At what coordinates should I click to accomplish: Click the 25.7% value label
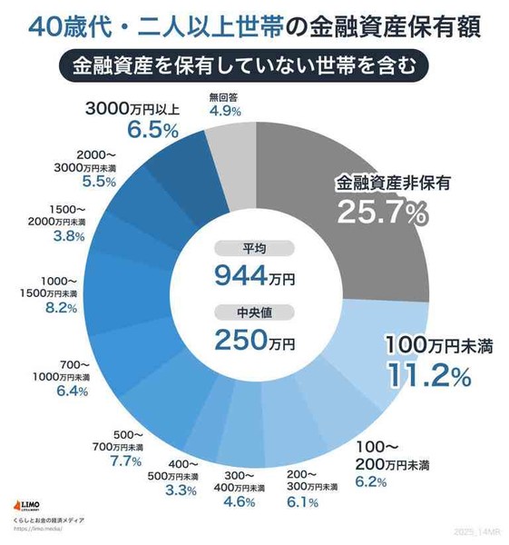tap(382, 213)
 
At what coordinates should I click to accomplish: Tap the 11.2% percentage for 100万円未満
tap(428, 374)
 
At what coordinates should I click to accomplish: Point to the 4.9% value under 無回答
tap(224, 112)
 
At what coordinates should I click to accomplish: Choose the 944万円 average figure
tap(255, 273)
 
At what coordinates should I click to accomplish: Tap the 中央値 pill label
tap(255, 313)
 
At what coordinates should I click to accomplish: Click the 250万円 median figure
tap(255, 341)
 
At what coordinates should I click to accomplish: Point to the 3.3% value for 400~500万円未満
tap(181, 490)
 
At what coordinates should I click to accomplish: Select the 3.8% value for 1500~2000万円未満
tap(68, 236)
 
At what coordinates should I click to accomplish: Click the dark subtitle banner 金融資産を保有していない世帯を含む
tap(255, 65)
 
